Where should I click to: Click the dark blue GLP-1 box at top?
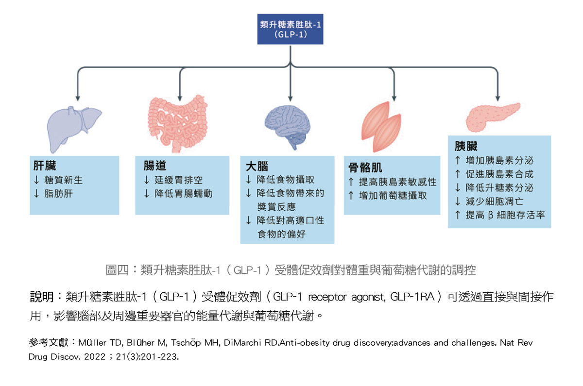290,29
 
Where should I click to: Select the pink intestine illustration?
178,123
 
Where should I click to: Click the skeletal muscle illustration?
381,127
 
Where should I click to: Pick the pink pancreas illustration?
493,117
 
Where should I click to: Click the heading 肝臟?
45,166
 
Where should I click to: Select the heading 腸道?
155,166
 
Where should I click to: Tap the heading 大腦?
257,166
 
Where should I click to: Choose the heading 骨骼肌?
365,168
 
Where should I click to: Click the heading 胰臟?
466,146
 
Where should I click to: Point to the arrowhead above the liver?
78,98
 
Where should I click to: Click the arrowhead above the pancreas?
497,98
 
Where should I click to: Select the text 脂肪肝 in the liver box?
59,194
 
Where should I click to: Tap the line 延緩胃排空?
179,180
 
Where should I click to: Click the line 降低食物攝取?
286,180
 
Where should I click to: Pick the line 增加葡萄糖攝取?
393,196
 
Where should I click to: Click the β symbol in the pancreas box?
491,216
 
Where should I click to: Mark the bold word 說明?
42,297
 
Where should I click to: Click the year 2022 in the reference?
95,356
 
